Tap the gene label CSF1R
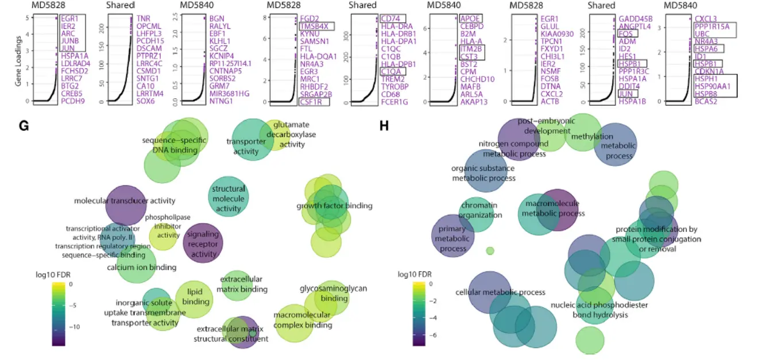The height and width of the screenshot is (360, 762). coord(314,102)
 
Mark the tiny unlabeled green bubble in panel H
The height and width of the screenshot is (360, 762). coord(490,250)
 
